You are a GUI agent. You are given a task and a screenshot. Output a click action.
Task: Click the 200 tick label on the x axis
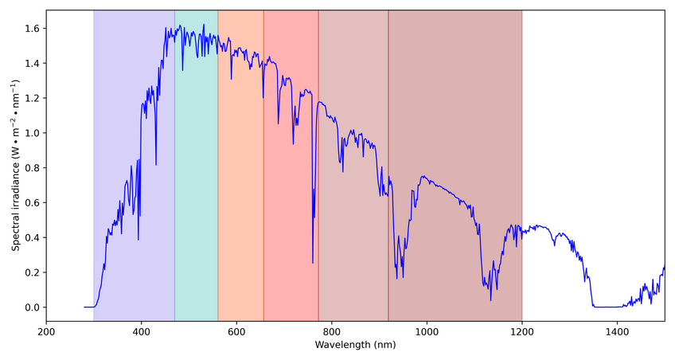(46, 332)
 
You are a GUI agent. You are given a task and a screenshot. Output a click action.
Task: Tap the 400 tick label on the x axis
(142, 332)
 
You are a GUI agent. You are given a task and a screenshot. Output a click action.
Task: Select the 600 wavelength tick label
(236, 332)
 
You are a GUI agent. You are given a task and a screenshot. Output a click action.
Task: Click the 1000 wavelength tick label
(427, 332)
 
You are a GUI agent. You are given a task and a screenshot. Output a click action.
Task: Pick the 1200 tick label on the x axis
(522, 332)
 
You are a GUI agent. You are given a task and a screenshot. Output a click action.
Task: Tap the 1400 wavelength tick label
(617, 332)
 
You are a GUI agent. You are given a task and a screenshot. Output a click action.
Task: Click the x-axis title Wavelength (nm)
(355, 346)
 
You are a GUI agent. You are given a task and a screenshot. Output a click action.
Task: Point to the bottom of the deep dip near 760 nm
(313, 263)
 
